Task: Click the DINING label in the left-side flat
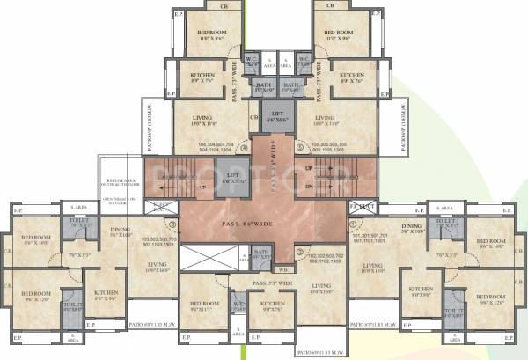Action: click(x=121, y=231)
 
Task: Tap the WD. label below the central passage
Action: click(x=282, y=269)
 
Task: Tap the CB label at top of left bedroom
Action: click(x=209, y=5)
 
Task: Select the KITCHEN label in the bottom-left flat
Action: click(x=106, y=292)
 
